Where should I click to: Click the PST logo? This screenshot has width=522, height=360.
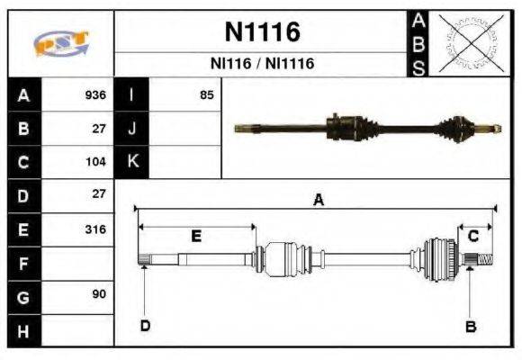pyautogui.click(x=58, y=42)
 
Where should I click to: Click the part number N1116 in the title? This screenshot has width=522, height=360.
pyautogui.click(x=261, y=33)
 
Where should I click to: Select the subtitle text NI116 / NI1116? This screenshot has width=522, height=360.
pyautogui.click(x=261, y=65)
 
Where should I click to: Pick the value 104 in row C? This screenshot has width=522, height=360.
pyautogui.click(x=95, y=162)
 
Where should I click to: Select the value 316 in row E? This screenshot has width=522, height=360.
pyautogui.click(x=95, y=229)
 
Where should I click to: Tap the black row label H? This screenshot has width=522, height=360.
pyautogui.click(x=22, y=329)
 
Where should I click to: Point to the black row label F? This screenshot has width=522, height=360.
pyautogui.click(x=22, y=263)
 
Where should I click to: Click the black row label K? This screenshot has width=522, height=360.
pyautogui.click(x=132, y=162)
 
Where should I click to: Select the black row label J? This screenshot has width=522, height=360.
pyautogui.click(x=132, y=129)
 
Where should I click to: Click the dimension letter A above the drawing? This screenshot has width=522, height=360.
pyautogui.click(x=317, y=201)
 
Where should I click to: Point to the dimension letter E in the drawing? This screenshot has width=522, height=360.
pyautogui.click(x=196, y=236)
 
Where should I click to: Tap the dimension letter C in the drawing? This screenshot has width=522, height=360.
pyautogui.click(x=472, y=236)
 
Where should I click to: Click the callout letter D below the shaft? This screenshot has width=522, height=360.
pyautogui.click(x=144, y=325)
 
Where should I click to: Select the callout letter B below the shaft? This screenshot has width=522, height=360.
pyautogui.click(x=469, y=326)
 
